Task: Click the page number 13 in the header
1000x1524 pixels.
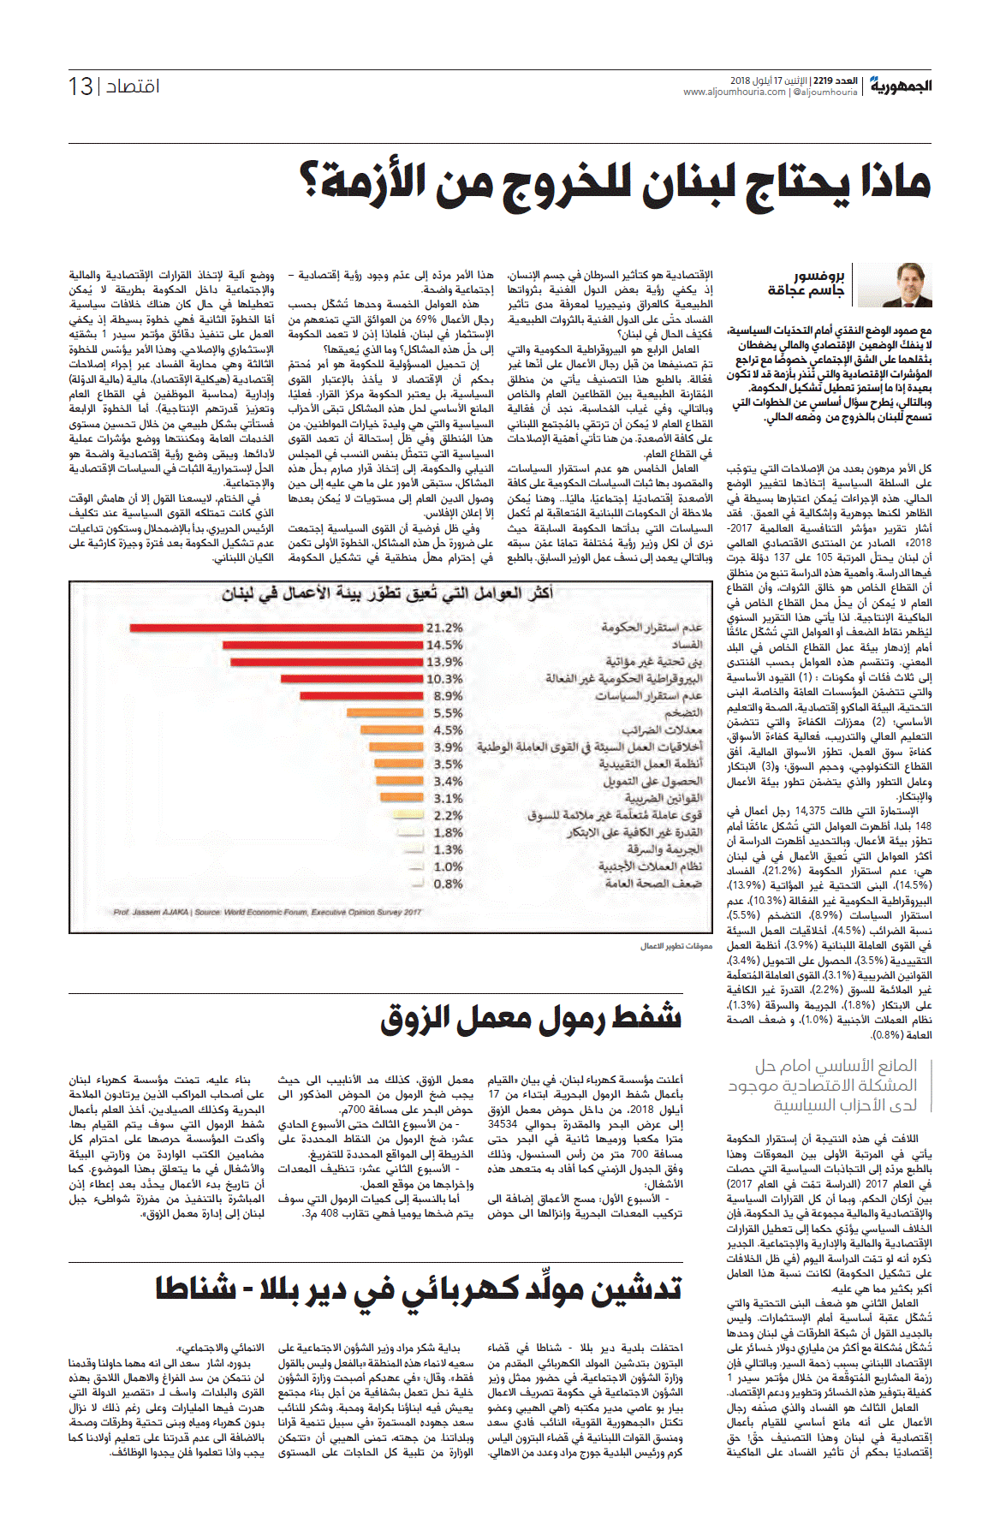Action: [x=80, y=86]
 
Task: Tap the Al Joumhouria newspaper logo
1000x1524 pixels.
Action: [x=901, y=86]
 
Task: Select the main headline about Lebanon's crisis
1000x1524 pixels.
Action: [x=615, y=182]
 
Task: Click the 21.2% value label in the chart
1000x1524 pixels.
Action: [x=444, y=628]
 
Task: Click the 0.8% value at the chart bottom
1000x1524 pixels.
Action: [x=448, y=884]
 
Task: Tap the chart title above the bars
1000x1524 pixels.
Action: [x=387, y=593]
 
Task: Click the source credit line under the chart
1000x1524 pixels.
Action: [x=267, y=912]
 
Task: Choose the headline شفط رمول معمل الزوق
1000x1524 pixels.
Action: [x=531, y=1017]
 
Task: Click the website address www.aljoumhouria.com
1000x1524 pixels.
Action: [x=735, y=92]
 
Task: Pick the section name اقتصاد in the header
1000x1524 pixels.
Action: [x=133, y=86]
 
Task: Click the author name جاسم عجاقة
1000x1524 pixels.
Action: [x=806, y=291]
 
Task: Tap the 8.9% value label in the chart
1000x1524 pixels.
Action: [x=448, y=696]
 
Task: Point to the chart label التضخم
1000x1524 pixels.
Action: [x=683, y=713]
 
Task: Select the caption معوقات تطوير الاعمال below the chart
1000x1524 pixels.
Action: [x=676, y=946]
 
